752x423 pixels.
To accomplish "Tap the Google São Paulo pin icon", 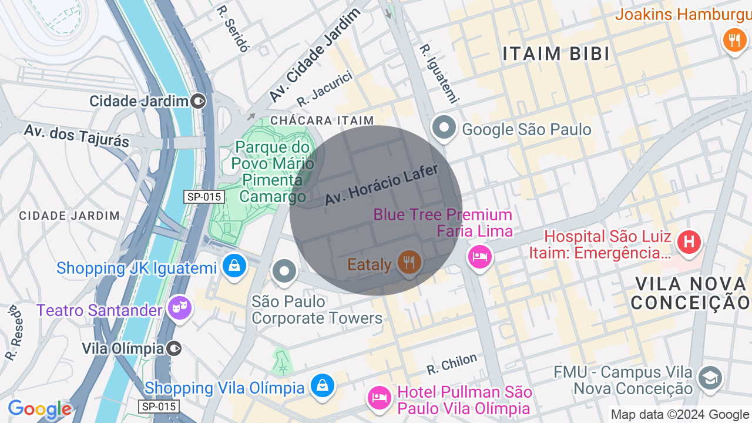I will (444, 127).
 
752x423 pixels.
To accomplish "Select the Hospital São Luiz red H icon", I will (689, 241).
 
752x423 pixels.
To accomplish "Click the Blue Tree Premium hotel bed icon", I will (479, 256).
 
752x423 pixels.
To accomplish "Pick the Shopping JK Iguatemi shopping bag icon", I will (234, 266).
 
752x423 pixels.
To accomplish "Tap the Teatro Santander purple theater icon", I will (179, 307).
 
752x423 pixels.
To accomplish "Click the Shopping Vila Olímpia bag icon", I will (322, 385).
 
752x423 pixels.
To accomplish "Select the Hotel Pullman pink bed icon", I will (380, 398).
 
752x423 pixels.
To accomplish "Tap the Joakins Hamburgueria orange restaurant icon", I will (734, 40).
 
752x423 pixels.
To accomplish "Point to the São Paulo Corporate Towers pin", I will (285, 271).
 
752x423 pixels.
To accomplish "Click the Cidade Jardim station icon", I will (199, 101).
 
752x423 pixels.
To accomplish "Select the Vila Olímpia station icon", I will (174, 348).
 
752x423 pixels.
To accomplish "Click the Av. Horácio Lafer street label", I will (382, 185).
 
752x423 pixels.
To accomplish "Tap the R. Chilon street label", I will (452, 364).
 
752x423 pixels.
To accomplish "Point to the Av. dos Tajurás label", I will (76, 135).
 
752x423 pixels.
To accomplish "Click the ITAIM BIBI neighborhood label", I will (556, 53).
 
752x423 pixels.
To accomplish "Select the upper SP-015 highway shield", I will (204, 197).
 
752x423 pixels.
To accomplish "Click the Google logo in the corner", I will (39, 409).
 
